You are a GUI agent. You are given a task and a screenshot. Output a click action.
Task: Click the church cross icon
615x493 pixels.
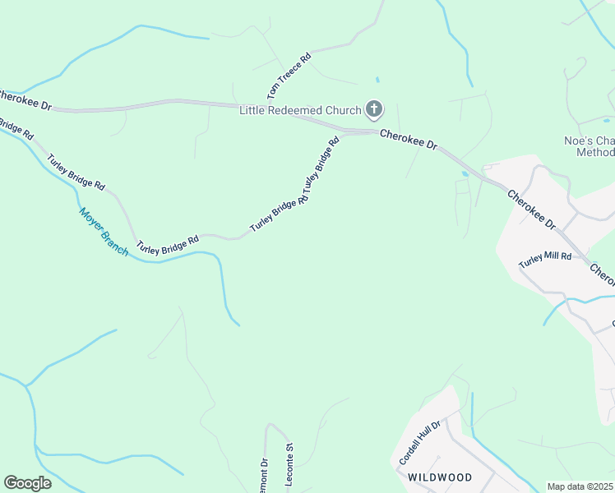pyautogui.click(x=374, y=110)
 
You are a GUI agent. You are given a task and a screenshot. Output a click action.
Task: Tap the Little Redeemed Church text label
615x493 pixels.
pyautogui.click(x=300, y=111)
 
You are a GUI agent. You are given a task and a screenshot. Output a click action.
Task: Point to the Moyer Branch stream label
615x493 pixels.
pyautogui.click(x=104, y=231)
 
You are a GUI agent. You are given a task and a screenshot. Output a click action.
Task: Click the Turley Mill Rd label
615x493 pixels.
pyautogui.click(x=544, y=260)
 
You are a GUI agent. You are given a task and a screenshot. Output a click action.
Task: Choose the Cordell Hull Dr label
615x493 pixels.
pyautogui.click(x=420, y=444)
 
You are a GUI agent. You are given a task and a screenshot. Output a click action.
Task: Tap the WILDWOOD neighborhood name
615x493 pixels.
pyautogui.click(x=440, y=477)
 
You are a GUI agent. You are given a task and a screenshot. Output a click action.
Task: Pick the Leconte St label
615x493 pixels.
pyautogui.click(x=289, y=466)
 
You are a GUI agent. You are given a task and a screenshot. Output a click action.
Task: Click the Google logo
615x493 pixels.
pyautogui.click(x=27, y=483)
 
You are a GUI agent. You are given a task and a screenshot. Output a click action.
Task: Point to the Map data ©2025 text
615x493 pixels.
pyautogui.click(x=580, y=486)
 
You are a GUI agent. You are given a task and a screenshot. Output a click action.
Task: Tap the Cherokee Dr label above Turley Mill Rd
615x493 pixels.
pyautogui.click(x=531, y=210)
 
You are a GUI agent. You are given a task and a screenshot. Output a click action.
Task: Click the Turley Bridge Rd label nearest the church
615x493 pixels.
pyautogui.click(x=322, y=164)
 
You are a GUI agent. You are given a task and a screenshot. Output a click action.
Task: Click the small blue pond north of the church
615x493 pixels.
pyautogui.click(x=377, y=80)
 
